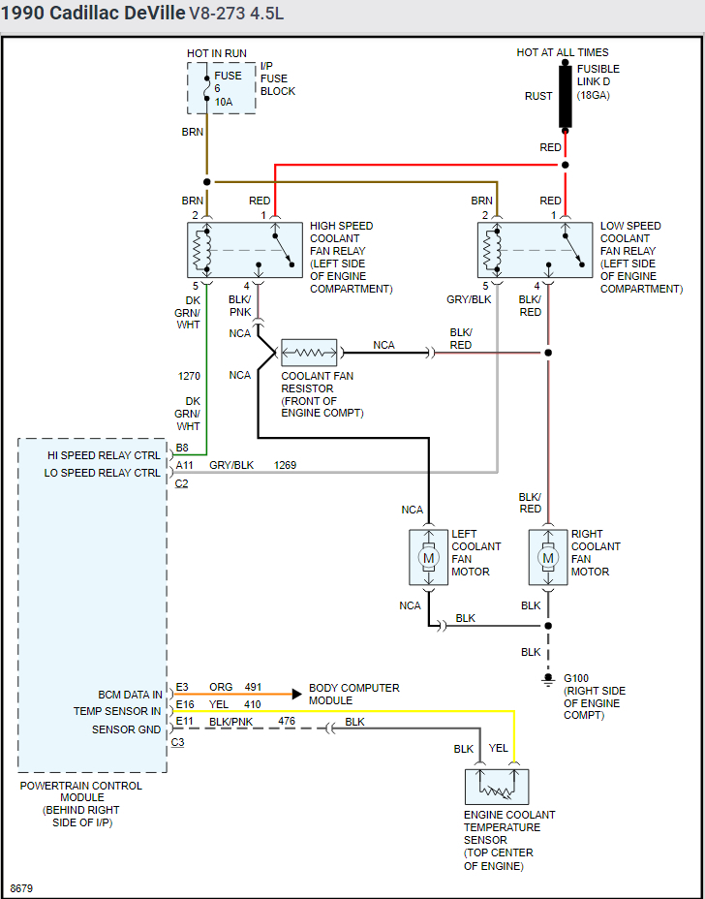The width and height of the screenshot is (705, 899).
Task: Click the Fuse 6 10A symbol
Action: point(206,88)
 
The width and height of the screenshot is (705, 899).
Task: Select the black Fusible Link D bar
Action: point(565,97)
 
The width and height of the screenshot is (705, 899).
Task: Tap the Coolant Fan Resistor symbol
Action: point(309,353)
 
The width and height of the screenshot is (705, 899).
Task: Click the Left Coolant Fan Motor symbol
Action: point(428,557)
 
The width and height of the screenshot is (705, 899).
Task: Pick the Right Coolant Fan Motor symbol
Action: point(548,557)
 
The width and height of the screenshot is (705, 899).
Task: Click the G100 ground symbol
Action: point(548,678)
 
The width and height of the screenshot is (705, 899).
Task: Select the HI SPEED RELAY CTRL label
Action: point(104,455)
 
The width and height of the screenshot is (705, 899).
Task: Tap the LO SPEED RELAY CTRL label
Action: point(103,473)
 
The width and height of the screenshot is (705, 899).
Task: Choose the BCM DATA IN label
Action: point(130,695)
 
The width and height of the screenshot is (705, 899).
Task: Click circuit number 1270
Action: point(189,376)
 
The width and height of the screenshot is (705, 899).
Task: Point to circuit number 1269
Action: point(285,465)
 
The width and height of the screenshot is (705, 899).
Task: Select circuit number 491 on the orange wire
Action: point(254,688)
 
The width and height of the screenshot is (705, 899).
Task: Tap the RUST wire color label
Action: point(538,96)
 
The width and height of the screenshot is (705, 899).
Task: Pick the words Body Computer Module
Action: point(354,694)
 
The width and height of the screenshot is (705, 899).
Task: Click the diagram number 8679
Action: point(20,887)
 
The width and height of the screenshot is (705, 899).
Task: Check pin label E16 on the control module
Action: point(185,704)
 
